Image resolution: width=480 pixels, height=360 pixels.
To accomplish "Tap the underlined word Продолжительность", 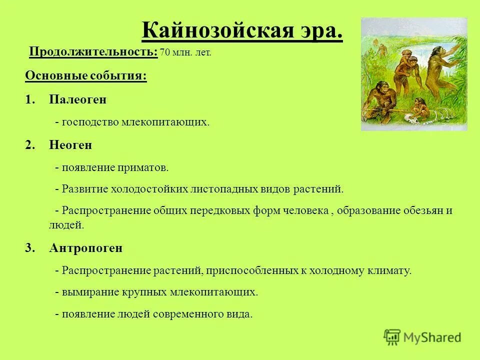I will click(93, 52).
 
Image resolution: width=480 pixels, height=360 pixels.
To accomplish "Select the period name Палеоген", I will click(77, 99).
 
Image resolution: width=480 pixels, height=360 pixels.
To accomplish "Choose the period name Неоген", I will click(70, 145).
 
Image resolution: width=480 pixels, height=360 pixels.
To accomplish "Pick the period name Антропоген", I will click(85, 248).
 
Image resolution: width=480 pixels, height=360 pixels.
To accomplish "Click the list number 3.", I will click(29, 248).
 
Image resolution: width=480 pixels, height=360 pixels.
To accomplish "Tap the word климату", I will click(390, 271).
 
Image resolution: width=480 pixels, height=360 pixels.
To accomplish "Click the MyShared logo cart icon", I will click(392, 337).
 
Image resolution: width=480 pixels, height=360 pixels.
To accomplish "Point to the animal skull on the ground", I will click(414, 119).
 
